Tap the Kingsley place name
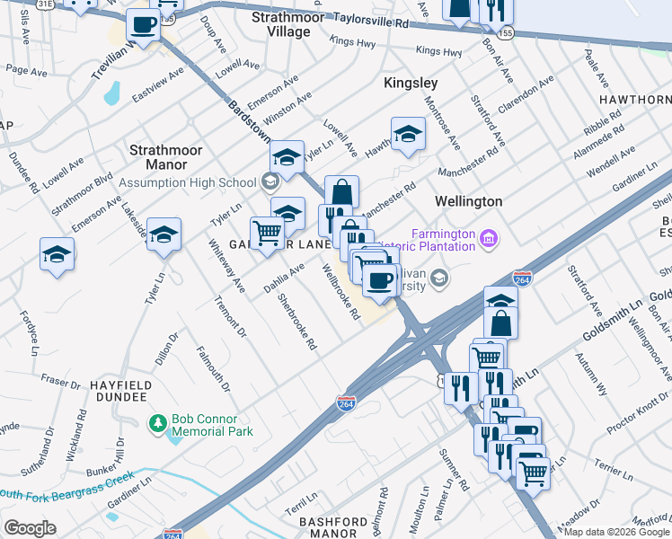411,83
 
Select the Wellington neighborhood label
468,200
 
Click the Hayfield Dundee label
118,390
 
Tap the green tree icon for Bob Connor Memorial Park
158,422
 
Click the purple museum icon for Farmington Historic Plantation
489,239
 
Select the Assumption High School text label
189,182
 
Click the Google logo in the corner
31,528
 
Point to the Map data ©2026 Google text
616,532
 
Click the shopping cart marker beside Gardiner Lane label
268,234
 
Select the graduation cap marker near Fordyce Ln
57,253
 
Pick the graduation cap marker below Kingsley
407,134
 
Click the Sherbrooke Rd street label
297,321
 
